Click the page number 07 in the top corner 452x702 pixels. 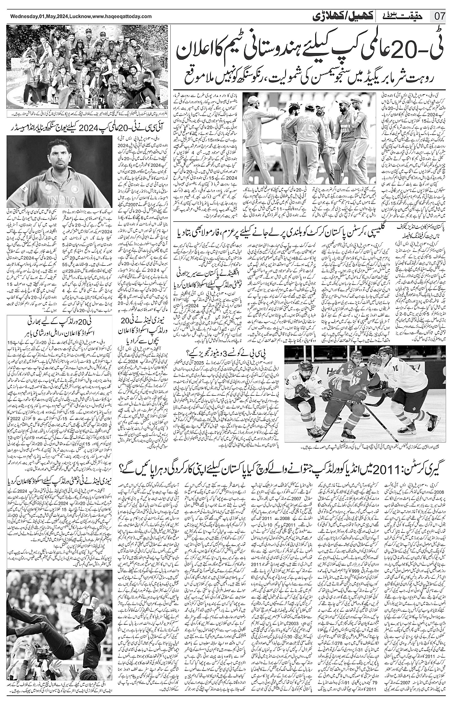tap(440, 16)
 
